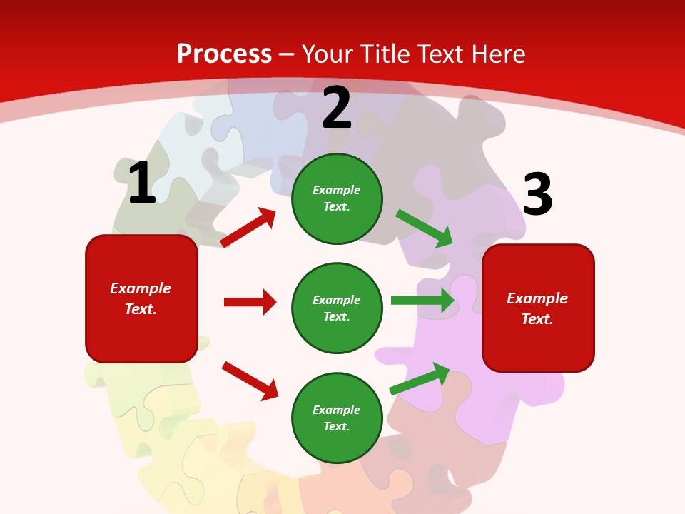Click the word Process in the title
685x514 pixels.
[224, 54]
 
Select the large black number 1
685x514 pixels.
[141, 183]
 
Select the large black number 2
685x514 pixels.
[337, 108]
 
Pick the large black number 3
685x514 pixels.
[537, 195]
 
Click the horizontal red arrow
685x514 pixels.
[250, 302]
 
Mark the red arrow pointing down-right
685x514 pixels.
[250, 381]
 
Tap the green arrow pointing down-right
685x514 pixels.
[425, 228]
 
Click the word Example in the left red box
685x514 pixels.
[141, 288]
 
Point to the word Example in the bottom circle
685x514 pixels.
[336, 410]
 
